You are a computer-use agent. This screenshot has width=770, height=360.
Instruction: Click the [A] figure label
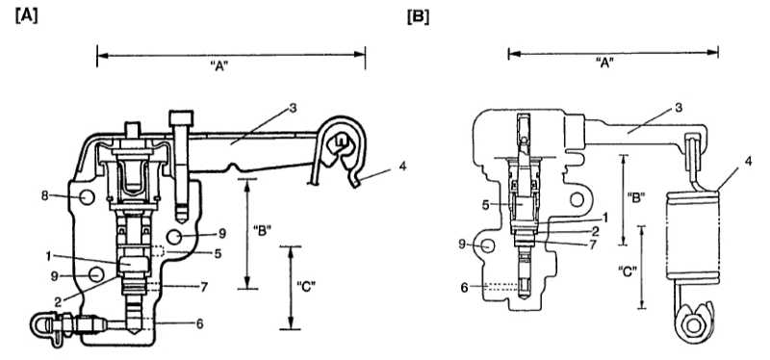tap(27, 17)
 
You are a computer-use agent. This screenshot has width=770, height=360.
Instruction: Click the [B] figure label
tap(418, 17)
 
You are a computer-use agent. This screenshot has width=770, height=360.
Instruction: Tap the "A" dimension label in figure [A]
tap(220, 67)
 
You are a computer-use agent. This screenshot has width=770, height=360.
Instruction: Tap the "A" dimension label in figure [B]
tap(605, 63)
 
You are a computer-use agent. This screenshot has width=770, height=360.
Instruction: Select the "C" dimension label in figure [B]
tap(629, 270)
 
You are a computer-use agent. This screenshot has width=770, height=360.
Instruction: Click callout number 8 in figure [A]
tap(45, 195)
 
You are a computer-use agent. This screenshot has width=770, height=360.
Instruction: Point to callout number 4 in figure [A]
tap(402, 166)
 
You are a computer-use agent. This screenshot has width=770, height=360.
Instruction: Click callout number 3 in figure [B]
tap(679, 108)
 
